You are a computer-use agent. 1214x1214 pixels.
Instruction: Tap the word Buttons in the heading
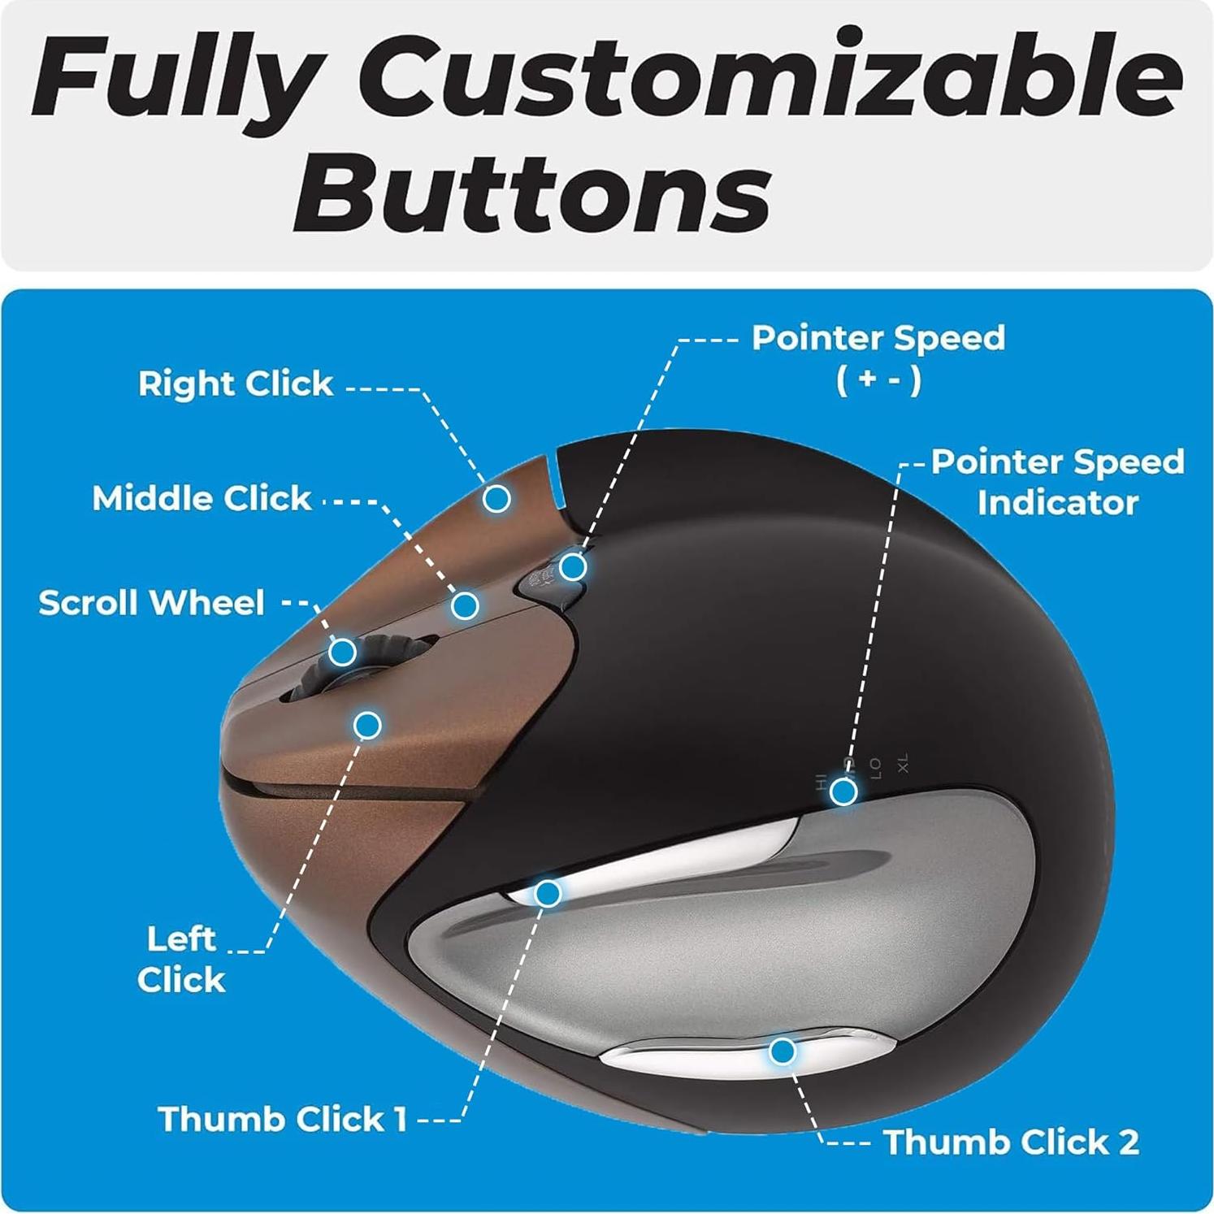pos(533,192)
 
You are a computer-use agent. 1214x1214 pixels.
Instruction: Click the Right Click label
pos(236,384)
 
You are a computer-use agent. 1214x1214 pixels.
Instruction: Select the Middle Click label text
pos(202,498)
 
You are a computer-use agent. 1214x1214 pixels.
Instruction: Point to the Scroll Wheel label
pos(152,603)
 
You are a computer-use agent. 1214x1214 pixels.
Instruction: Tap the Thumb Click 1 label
pos(282,1119)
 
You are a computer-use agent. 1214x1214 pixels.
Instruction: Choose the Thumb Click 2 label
pos(1012,1142)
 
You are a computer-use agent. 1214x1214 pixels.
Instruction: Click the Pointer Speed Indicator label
pos(1058,482)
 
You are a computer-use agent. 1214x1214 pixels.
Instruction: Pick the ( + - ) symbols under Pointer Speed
pos(878,379)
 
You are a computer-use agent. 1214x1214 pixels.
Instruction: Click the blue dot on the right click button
pos(496,497)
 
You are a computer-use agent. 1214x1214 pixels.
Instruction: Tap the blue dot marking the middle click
pos(465,605)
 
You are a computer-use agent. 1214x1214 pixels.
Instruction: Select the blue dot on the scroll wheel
pos(342,652)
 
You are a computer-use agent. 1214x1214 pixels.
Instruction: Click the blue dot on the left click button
pos(368,724)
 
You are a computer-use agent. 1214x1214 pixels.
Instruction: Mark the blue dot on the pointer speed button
pos(573,566)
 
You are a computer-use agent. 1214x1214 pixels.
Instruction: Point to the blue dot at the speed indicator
pos(844,791)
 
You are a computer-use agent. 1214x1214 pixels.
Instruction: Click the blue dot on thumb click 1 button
pos(548,894)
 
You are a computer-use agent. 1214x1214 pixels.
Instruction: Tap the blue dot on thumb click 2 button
pos(782,1051)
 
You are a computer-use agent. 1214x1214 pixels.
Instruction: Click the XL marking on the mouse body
pos(902,764)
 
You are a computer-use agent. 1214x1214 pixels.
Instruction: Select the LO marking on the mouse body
pos(875,768)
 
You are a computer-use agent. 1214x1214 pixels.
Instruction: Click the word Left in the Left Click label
pos(181,939)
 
